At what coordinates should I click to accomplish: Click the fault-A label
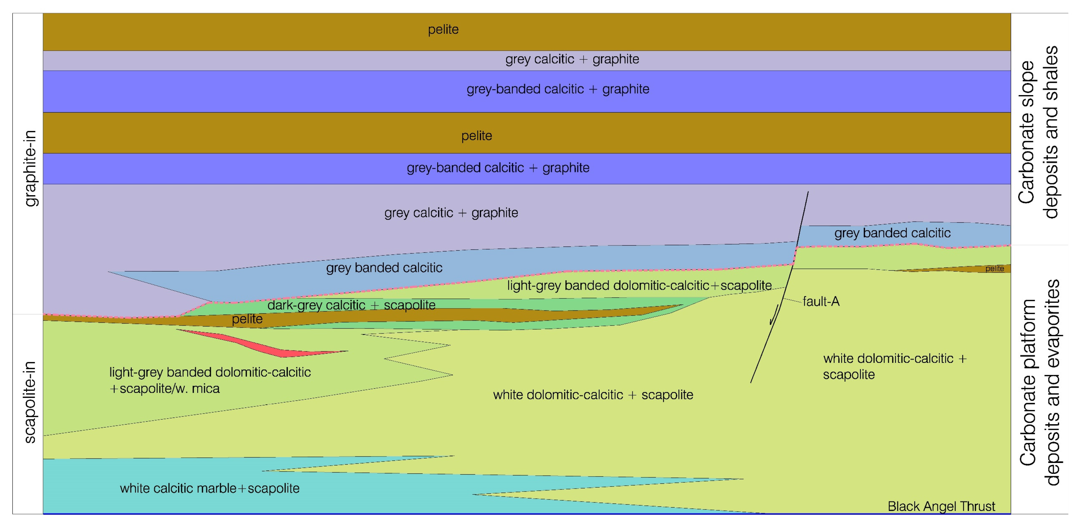pos(821,301)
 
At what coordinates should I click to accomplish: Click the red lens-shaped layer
pos(269,345)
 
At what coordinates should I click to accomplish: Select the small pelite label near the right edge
pos(995,269)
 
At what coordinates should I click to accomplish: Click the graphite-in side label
pos(30,168)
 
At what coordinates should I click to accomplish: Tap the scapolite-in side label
pos(30,402)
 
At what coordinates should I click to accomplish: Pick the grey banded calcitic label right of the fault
pos(892,233)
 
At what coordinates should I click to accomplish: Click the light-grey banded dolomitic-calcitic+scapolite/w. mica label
pos(210,380)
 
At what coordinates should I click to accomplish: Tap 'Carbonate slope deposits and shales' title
pos(1038,132)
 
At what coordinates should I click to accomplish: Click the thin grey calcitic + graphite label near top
pos(572,59)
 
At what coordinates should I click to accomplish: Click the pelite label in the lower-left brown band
pos(247,319)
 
